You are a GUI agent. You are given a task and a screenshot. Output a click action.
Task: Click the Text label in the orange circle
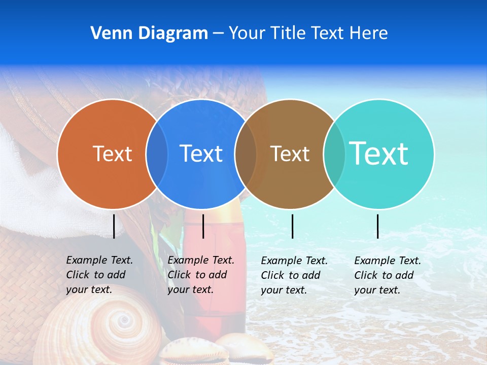pyautogui.click(x=112, y=154)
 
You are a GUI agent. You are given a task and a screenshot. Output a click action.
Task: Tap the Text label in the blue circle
pyautogui.click(x=201, y=154)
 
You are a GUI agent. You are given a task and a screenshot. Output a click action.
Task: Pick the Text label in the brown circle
pyautogui.click(x=290, y=154)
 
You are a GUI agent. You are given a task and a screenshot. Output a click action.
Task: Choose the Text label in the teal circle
pyautogui.click(x=379, y=153)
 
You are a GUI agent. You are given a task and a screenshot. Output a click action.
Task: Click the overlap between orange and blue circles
pyautogui.click(x=157, y=154)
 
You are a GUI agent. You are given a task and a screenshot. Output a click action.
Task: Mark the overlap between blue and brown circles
pyautogui.click(x=246, y=154)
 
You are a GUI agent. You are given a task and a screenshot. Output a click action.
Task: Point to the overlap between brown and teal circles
pyautogui.click(x=334, y=154)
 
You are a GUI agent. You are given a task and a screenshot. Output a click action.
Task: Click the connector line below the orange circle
pyautogui.click(x=114, y=226)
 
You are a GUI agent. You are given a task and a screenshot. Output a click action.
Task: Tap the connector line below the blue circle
pyautogui.click(x=203, y=226)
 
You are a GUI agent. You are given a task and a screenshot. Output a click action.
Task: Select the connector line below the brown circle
pyautogui.click(x=292, y=226)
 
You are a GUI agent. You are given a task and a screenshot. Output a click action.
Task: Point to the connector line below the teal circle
pyautogui.click(x=377, y=226)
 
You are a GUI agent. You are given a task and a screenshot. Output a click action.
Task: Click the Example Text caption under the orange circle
pyautogui.click(x=99, y=275)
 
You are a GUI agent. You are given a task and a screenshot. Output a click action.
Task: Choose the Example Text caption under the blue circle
pyautogui.click(x=201, y=275)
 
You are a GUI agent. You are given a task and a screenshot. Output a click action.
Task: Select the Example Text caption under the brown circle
pyautogui.click(x=294, y=275)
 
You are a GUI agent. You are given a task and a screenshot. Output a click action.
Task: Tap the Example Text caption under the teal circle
pyautogui.click(x=388, y=275)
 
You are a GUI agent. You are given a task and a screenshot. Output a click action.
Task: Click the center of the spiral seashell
pyautogui.click(x=122, y=320)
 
